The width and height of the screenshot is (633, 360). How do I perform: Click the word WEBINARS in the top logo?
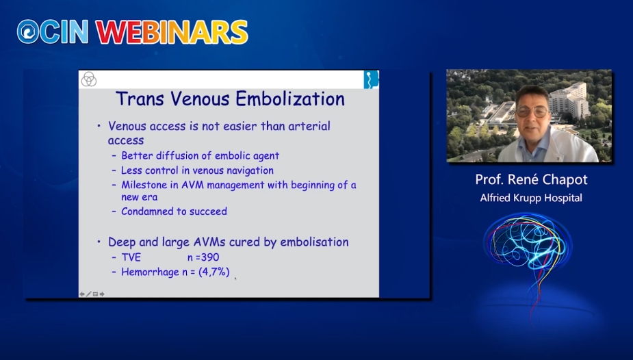coord(172,32)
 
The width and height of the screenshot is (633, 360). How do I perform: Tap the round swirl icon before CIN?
coord(28,31)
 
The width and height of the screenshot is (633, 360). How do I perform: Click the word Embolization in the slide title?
coord(290,99)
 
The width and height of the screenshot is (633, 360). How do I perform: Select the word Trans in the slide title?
coord(140,99)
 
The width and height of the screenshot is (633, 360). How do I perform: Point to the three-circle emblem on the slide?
coord(89,79)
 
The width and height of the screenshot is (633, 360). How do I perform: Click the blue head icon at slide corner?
coord(371,79)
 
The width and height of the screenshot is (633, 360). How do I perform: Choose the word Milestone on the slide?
coord(147,185)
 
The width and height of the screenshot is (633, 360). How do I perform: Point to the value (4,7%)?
coord(214,272)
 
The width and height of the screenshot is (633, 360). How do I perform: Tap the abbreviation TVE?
coord(131,257)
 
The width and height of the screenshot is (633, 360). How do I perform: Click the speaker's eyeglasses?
coord(532,111)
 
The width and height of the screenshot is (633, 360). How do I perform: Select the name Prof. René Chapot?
coord(531,179)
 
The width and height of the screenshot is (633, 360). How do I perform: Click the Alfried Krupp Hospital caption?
coord(531,198)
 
